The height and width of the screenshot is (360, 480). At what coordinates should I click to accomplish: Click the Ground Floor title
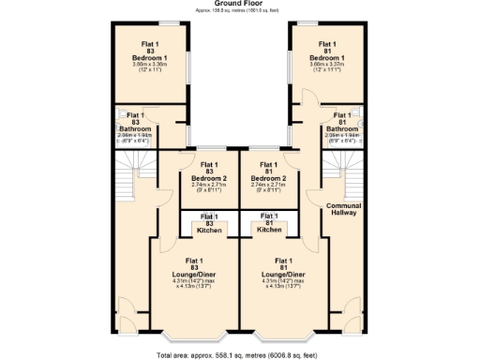pos(239,4)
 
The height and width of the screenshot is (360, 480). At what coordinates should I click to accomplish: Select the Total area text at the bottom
pos(239,355)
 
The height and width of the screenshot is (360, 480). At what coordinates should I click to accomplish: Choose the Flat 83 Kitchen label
pos(209,224)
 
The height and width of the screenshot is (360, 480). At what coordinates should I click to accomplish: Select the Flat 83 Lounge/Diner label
pos(195,272)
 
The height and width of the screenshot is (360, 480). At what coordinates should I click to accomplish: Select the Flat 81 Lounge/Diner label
pos(283,272)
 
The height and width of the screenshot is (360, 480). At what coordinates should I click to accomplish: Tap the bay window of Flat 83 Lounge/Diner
pos(195,335)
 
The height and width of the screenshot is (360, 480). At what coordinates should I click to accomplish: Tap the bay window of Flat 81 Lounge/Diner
pos(284,335)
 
